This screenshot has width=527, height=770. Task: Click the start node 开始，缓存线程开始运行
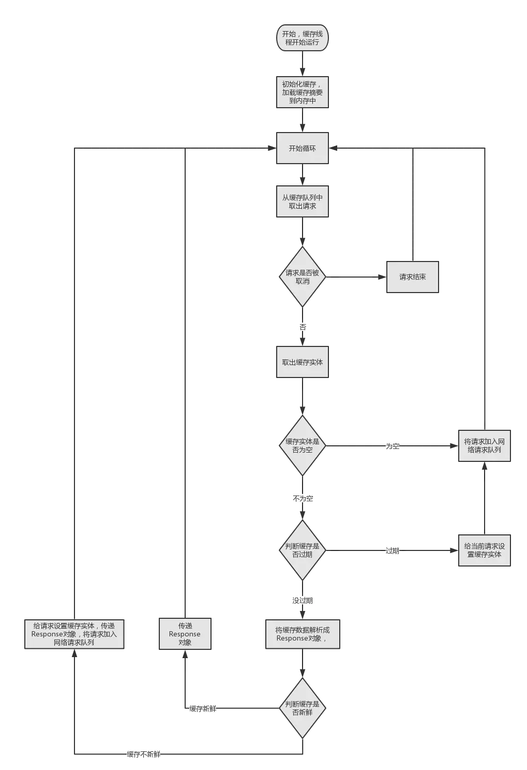point(303,38)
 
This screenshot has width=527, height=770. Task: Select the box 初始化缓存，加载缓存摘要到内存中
point(303,93)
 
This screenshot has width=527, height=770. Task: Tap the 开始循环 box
point(303,149)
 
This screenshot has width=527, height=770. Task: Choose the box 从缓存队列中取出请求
point(303,202)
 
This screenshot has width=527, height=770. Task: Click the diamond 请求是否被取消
point(303,277)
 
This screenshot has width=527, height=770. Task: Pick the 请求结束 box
point(412,277)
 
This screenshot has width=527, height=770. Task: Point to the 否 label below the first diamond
point(303,327)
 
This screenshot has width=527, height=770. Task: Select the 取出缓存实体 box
point(303,362)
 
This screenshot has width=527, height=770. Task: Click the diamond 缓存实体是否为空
point(303,445)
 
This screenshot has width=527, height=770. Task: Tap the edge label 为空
point(393,446)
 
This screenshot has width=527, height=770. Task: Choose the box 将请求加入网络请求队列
point(485,445)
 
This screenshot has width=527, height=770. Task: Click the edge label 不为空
point(303,499)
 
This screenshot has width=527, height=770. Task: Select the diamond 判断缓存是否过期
point(303,550)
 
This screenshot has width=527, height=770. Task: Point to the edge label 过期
point(393,550)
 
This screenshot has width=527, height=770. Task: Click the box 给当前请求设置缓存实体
point(485,550)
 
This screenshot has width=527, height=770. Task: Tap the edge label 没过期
point(303,600)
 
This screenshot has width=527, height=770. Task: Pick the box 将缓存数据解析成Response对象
point(303,634)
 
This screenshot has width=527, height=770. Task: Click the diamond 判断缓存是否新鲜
point(303,708)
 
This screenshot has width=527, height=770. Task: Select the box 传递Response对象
point(185,634)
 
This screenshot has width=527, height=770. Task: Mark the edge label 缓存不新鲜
point(144,754)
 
